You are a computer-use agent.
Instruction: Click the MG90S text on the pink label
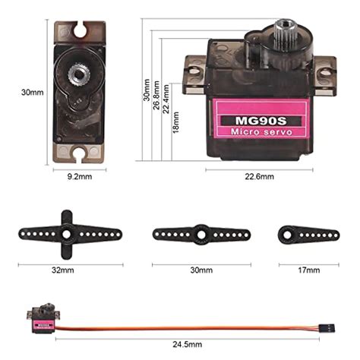pyautogui.click(x=261, y=121)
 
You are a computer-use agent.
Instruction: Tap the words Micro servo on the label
pyautogui.click(x=261, y=132)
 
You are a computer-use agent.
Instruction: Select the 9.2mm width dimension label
pyautogui.click(x=80, y=176)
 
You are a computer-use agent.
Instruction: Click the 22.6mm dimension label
pyautogui.click(x=259, y=176)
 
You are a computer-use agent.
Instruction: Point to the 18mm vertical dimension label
pyautogui.click(x=175, y=122)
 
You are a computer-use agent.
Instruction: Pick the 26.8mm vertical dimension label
pyautogui.click(x=156, y=95)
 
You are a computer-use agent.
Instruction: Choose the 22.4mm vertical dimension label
pyautogui.click(x=166, y=99)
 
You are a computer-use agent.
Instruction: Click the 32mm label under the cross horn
pyautogui.click(x=63, y=270)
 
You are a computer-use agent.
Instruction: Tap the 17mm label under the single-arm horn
pyautogui.click(x=308, y=270)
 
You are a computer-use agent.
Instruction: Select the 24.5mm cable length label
pyautogui.click(x=188, y=344)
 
